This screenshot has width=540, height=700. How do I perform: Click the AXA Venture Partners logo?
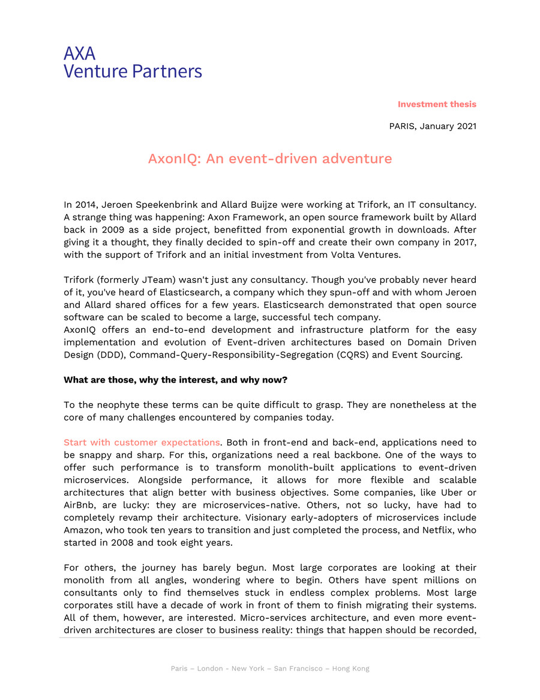point(133,62)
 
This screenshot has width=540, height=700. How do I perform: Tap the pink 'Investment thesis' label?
point(436,105)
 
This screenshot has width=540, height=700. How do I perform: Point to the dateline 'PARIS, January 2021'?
point(432,126)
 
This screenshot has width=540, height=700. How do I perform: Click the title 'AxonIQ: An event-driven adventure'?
point(269,159)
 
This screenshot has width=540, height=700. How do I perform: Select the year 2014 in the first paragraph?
point(86,204)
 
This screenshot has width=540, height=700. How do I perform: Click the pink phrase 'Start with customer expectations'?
point(142,443)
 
